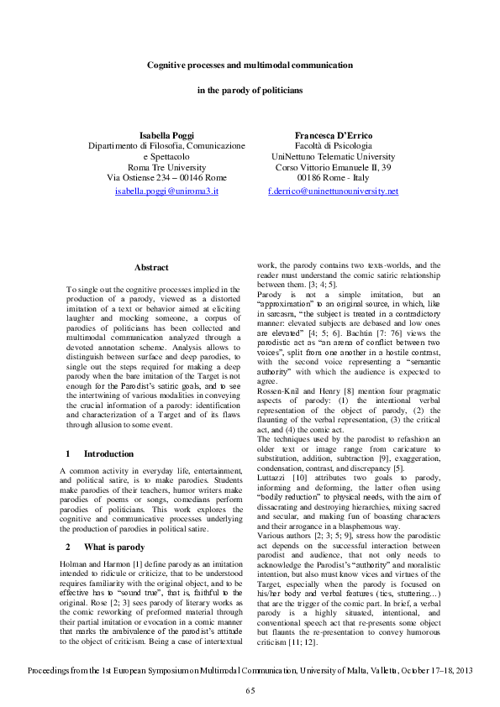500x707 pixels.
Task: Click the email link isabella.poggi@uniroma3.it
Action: (x=166, y=191)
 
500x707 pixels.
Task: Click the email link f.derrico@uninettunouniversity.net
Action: (x=333, y=191)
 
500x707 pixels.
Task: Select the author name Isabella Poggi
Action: (x=166, y=135)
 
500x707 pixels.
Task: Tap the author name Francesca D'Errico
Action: (x=333, y=135)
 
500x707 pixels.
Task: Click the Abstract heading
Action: (x=151, y=268)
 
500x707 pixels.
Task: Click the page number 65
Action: (x=250, y=690)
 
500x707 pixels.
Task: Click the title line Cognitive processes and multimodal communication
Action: (x=250, y=65)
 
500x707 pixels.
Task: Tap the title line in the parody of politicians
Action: (x=250, y=89)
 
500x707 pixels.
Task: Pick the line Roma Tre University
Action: (x=166, y=168)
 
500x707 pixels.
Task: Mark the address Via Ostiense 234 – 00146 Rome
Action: (x=166, y=179)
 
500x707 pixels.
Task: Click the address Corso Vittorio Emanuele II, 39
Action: (x=333, y=168)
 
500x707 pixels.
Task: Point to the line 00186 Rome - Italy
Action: (x=333, y=179)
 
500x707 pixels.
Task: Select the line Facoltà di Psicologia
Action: (x=333, y=146)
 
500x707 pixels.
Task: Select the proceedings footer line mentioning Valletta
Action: (x=250, y=673)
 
